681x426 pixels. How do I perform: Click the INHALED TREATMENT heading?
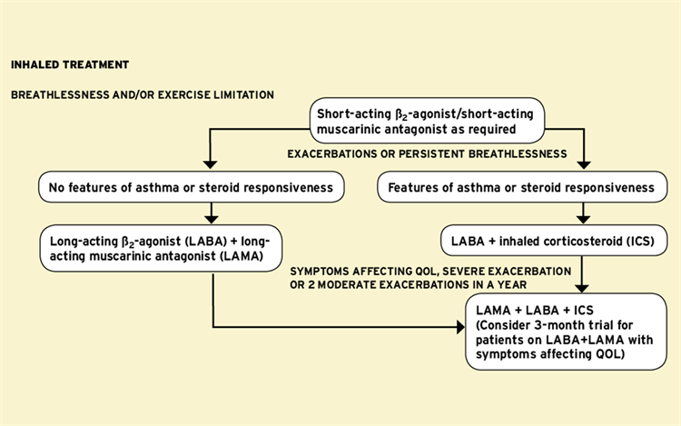(x=70, y=64)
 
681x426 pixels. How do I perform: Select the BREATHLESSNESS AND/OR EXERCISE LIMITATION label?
(x=143, y=94)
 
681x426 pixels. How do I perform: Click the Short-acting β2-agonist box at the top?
(x=430, y=124)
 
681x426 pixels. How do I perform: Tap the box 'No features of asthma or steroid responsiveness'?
(x=192, y=188)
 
